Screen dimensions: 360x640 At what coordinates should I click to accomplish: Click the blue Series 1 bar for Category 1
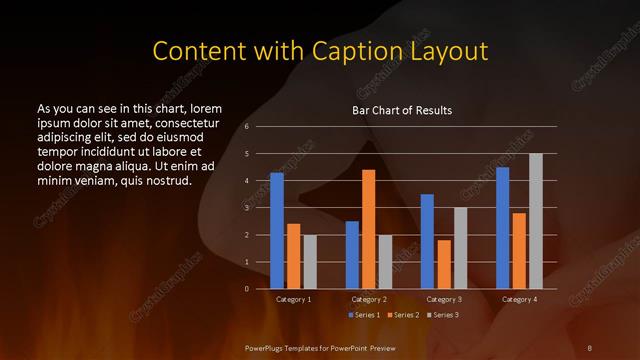[x=277, y=231]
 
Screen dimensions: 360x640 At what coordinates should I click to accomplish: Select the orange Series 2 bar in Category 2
[x=368, y=229]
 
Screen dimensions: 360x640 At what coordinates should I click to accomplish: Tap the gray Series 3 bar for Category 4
[x=536, y=221]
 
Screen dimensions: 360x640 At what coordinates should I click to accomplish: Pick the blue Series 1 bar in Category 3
[x=427, y=241]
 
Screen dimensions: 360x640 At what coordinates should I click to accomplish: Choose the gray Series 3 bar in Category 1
[x=310, y=261]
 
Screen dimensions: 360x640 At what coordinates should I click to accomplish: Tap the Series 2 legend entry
[x=401, y=315]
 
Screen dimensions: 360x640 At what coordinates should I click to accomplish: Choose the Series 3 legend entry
[x=441, y=315]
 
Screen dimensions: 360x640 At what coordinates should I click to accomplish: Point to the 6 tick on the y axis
[x=247, y=127]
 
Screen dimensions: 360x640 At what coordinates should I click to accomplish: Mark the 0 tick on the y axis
[x=247, y=289]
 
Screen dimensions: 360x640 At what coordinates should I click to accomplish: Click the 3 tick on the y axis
[x=247, y=208]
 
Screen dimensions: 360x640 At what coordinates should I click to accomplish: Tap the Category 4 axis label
[x=519, y=300]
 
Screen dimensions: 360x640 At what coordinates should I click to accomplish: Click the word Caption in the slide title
[x=352, y=50]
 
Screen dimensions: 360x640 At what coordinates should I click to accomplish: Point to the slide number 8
[x=589, y=347]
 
